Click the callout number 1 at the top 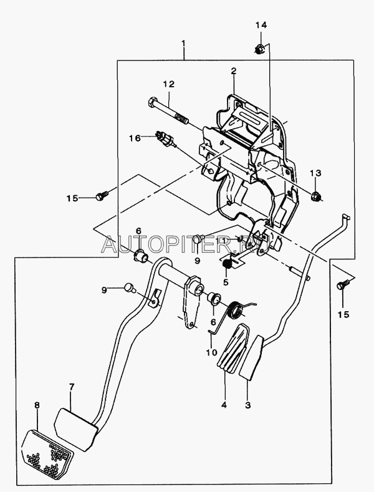(184, 43)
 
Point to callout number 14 (261, 24)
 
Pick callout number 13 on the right (315, 172)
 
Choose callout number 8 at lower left (37, 405)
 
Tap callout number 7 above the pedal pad (71, 387)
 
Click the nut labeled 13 (315, 198)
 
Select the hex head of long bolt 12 (153, 102)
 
